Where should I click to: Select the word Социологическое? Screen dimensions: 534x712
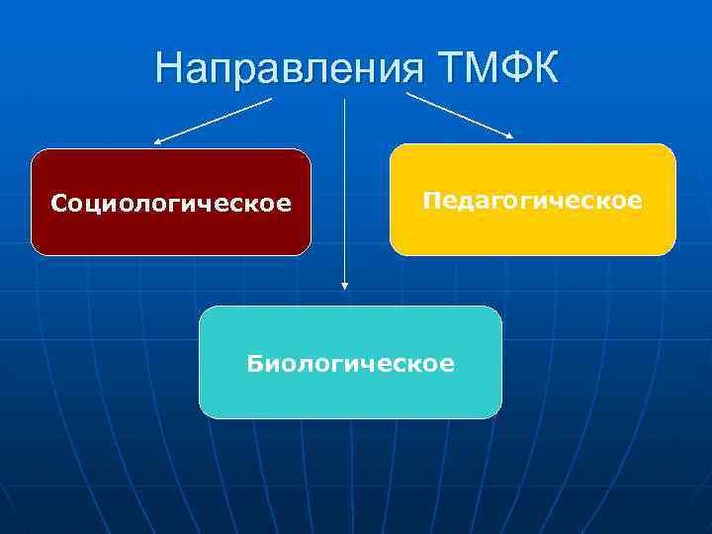click(x=171, y=204)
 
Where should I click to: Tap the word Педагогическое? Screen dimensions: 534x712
click(x=532, y=201)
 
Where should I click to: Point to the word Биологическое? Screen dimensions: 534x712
click(x=351, y=364)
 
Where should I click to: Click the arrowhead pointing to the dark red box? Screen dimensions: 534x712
click(x=158, y=142)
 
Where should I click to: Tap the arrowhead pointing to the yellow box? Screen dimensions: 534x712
click(x=508, y=135)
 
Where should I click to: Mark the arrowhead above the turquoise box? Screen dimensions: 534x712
click(x=344, y=286)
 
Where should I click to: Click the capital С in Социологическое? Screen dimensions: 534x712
click(x=59, y=204)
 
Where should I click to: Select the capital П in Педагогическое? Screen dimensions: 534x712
click(x=431, y=200)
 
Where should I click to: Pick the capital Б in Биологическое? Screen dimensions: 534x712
click(x=255, y=363)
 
